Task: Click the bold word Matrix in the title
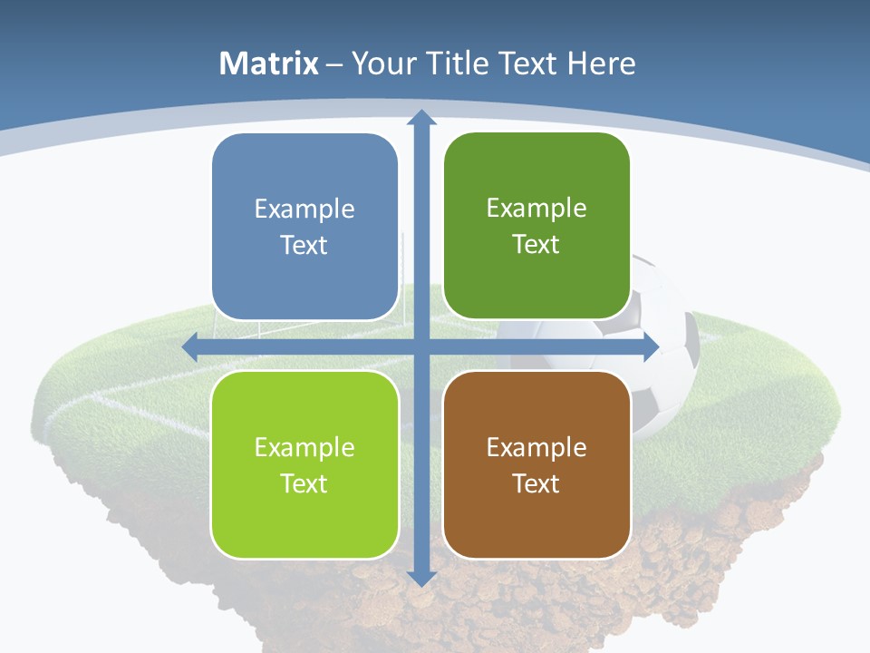[269, 63]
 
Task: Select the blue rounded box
[304, 227]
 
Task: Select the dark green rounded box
[536, 227]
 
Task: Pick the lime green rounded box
[304, 464]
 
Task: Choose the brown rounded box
[536, 464]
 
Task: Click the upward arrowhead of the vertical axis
[420, 118]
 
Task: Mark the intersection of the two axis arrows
[420, 346]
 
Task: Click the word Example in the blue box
[304, 210]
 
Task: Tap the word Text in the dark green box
[536, 245]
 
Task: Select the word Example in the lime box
[304, 447]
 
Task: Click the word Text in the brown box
[536, 483]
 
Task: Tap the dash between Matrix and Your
[334, 64]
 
